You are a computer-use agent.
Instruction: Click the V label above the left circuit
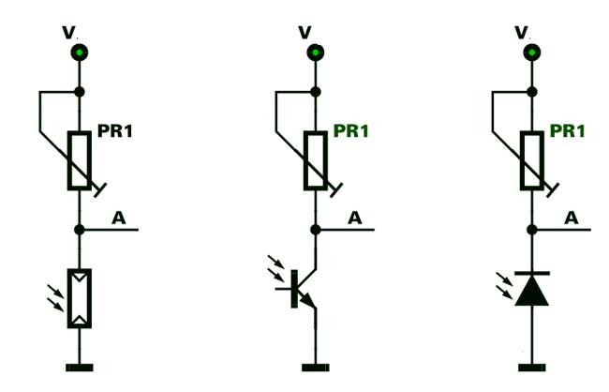point(67,32)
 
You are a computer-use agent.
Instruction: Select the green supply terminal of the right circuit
point(534,52)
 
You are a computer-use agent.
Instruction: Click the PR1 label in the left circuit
point(115,131)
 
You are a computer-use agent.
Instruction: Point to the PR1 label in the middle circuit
point(351,131)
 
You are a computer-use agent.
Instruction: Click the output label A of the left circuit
point(119,218)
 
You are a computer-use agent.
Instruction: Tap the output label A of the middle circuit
point(355,218)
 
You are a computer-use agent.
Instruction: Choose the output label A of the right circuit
point(572,218)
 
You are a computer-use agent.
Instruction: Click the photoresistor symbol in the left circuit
point(80,298)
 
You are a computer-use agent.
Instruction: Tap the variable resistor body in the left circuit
point(80,161)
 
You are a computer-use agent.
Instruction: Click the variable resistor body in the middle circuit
point(316,161)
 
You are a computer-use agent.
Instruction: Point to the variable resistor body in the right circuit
point(534,161)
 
